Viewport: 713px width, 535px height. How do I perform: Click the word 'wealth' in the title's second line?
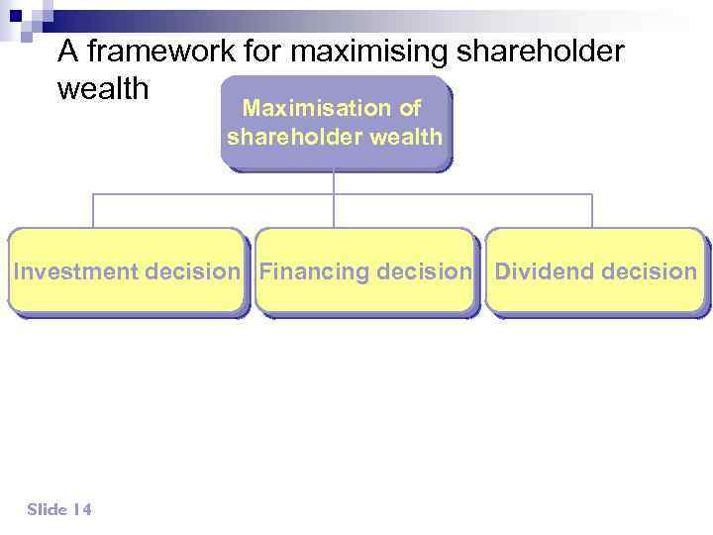(x=103, y=89)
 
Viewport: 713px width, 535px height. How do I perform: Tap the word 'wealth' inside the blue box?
(x=408, y=137)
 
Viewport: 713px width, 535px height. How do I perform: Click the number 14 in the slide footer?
(x=82, y=509)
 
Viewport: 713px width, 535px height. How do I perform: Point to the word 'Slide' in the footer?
(x=48, y=509)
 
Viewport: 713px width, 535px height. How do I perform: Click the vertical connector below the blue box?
(x=334, y=182)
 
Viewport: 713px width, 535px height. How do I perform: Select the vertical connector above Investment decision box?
(x=93, y=211)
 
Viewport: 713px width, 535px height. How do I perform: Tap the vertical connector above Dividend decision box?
(x=592, y=211)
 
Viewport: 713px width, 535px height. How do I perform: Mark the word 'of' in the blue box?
(x=410, y=108)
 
